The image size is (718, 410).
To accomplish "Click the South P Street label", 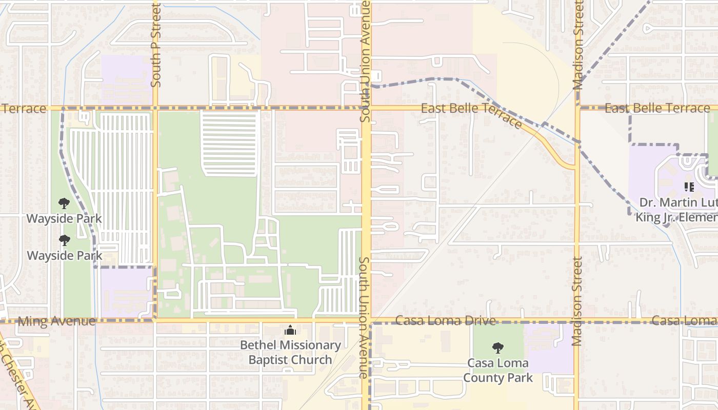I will pos(156,45).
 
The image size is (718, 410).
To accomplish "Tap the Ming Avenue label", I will pos(56,321).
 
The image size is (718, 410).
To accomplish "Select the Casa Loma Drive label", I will pos(446,321).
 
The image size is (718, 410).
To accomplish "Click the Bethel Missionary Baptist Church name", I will pos(290,353).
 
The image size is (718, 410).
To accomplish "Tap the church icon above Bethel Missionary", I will pos(290,330).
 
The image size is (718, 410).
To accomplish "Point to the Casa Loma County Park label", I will pos(498,371).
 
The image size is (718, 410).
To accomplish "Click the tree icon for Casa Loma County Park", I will pos(497,348).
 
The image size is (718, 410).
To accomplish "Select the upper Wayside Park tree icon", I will pos(64,203).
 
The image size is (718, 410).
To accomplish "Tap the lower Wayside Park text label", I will pos(65,255).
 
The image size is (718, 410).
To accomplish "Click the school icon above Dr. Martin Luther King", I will pos(689,187).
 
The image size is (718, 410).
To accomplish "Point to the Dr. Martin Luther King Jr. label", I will pos(677,210).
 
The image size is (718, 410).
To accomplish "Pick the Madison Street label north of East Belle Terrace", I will pos(579,45).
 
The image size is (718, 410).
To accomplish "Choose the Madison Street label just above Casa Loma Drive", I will pos(577,301).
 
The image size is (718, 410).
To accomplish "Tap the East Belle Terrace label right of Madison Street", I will pos(657,108).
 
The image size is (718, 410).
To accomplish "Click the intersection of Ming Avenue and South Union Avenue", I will pos(366,321).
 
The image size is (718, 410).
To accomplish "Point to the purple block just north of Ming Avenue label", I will pos(126,292).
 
